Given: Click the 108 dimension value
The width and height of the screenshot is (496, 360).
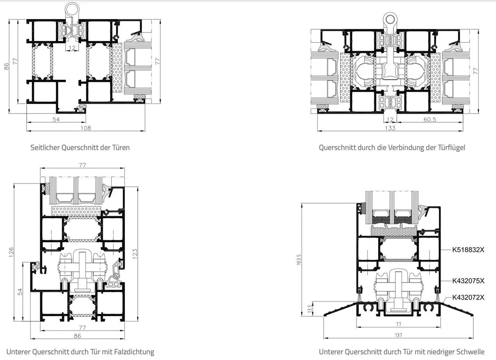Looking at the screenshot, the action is [86, 128].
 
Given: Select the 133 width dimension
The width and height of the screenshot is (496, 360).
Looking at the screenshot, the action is [390, 128].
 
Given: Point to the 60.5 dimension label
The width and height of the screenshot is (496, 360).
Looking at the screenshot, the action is [429, 119].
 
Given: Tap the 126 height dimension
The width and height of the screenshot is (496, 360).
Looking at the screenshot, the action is [11, 252].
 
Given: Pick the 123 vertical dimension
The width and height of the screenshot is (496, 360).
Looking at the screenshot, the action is [135, 254].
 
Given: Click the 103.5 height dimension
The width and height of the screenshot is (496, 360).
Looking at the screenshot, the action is [299, 259].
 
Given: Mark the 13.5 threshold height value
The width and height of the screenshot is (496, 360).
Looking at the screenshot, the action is [310, 308].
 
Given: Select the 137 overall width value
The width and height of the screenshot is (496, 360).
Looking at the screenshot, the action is [398, 335].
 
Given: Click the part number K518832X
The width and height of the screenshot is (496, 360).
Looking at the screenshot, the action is [468, 250].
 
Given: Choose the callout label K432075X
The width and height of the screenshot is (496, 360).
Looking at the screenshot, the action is [468, 281].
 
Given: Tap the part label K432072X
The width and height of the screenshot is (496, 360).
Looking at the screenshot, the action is [468, 297].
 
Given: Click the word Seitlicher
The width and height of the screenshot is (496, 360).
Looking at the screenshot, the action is [45, 148].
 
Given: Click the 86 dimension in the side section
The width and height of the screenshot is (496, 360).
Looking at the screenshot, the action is [6, 67].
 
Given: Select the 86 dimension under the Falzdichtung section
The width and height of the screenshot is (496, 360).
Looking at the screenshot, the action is [77, 336].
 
